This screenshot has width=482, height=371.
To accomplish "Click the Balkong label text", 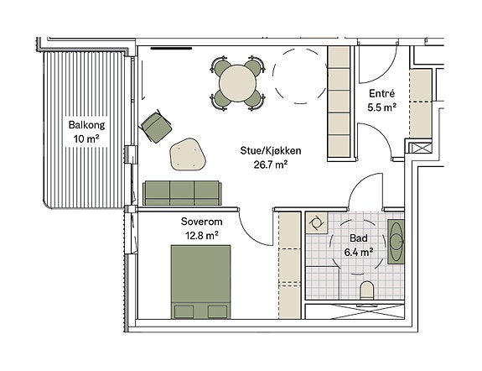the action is coord(86,125).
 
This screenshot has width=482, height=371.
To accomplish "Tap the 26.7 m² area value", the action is coord(271,165).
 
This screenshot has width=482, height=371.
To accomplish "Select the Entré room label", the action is coord(381,93).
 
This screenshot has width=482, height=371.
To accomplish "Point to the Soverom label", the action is coord(202,222).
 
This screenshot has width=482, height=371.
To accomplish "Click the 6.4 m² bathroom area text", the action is coord(359,253).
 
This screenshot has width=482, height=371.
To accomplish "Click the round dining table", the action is coord(237,83).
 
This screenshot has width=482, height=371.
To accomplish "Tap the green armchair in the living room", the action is coord(156,127).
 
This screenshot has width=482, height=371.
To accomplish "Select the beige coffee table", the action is coord(187,154).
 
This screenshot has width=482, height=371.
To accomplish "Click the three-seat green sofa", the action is coord(182,193).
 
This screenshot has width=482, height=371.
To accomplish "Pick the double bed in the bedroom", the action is coord(200,282).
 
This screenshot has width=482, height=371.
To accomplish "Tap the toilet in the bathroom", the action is coord(366,290).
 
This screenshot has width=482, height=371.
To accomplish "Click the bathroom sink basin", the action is coord(396,242).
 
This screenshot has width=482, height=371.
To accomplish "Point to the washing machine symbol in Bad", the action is coord(316,222).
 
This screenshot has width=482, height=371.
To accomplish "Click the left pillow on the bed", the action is coord(184,311).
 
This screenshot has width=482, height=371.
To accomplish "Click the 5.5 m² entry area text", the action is coord(381,107).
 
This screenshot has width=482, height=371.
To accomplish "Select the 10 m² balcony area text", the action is coord(86,139).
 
